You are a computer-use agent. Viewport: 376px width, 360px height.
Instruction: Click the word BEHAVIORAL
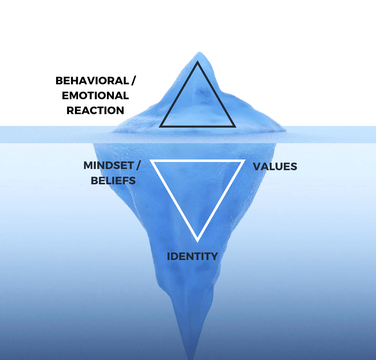click(92, 81)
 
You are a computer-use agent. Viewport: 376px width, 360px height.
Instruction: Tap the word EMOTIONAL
click(95, 96)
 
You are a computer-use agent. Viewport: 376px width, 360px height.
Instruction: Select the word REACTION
click(95, 111)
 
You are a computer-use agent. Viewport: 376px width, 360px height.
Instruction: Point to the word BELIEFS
click(113, 180)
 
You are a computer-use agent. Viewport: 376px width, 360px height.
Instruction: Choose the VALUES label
click(275, 166)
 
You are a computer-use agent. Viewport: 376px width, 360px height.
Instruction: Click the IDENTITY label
click(192, 256)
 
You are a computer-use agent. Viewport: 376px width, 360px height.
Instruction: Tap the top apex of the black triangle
click(197, 62)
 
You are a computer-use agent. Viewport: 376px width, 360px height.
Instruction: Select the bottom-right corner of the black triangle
click(235, 127)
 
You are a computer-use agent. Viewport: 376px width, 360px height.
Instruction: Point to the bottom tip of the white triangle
click(198, 240)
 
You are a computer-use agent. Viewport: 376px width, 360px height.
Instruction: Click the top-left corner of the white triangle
click(151, 161)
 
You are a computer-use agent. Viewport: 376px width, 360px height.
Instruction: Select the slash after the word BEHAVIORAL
click(133, 81)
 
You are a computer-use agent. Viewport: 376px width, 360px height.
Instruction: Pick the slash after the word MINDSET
click(138, 165)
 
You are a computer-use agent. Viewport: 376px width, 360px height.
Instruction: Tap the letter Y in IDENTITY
click(214, 256)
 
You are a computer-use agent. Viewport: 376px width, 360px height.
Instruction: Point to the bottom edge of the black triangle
click(197, 126)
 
